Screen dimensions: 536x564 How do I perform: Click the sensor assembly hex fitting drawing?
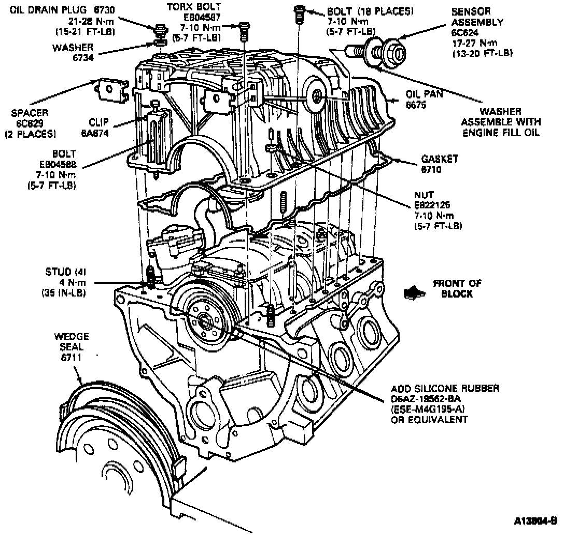pos(396,51)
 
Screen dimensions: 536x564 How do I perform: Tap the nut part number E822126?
pos(431,206)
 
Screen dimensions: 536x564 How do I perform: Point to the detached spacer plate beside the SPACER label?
pos(111,89)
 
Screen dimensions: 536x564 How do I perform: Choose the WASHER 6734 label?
pos(73,51)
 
